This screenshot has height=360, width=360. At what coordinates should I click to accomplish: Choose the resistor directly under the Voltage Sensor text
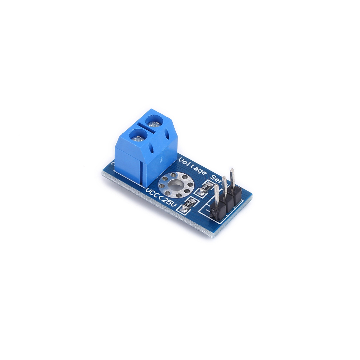pyautogui.click(x=205, y=189)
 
